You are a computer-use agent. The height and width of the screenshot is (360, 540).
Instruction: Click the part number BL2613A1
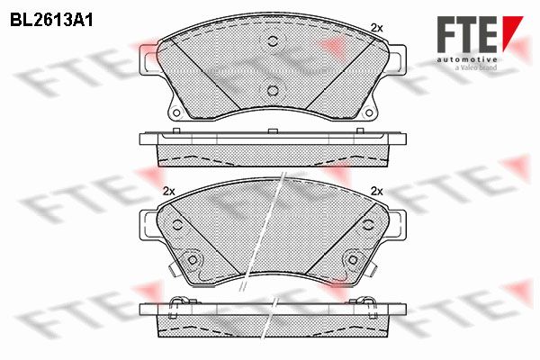pos(51,21)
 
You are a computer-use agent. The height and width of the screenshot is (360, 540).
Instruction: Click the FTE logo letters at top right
pos(467,34)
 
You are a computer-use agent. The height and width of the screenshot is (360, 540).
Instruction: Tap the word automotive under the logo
pos(467,59)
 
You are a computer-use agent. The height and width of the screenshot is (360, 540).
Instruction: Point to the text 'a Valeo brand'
pos(476,67)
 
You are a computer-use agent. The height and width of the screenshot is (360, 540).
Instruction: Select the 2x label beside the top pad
pos(376,28)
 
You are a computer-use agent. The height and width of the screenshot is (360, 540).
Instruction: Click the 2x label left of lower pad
pos(169,191)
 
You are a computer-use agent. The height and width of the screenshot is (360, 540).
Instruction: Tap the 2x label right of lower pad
pos(376,191)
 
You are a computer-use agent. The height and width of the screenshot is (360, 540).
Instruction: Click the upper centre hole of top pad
pos(273,41)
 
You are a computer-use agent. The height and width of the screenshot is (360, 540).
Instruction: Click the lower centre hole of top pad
pos(273,90)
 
